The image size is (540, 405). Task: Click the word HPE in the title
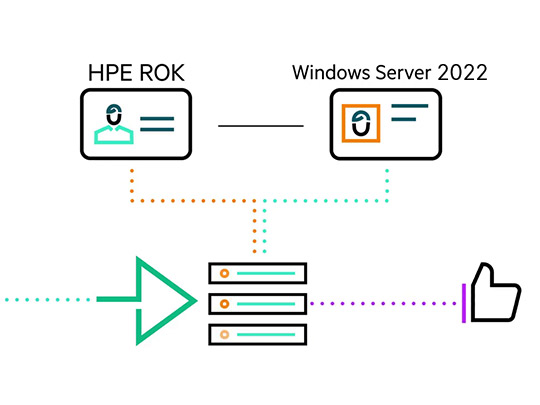point(110,73)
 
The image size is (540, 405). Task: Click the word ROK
point(162,73)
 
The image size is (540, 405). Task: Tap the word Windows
point(331,72)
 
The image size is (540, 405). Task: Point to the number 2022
point(462,72)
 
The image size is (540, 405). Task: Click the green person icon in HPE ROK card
point(114,135)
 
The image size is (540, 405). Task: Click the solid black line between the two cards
point(261,126)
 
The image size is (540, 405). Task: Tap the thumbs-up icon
point(496,292)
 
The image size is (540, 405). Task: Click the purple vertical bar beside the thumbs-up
point(464,303)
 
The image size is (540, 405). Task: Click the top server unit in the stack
point(258,273)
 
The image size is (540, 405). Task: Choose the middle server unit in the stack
point(258,304)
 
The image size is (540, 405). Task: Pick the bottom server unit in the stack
point(258,334)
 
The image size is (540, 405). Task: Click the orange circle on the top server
point(225,273)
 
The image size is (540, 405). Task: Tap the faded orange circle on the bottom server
point(225,334)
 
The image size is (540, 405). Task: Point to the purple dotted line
point(383,304)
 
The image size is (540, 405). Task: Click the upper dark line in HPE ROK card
point(157,119)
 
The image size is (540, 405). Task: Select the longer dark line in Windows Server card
point(410,106)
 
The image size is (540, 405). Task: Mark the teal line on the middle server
point(266,304)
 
